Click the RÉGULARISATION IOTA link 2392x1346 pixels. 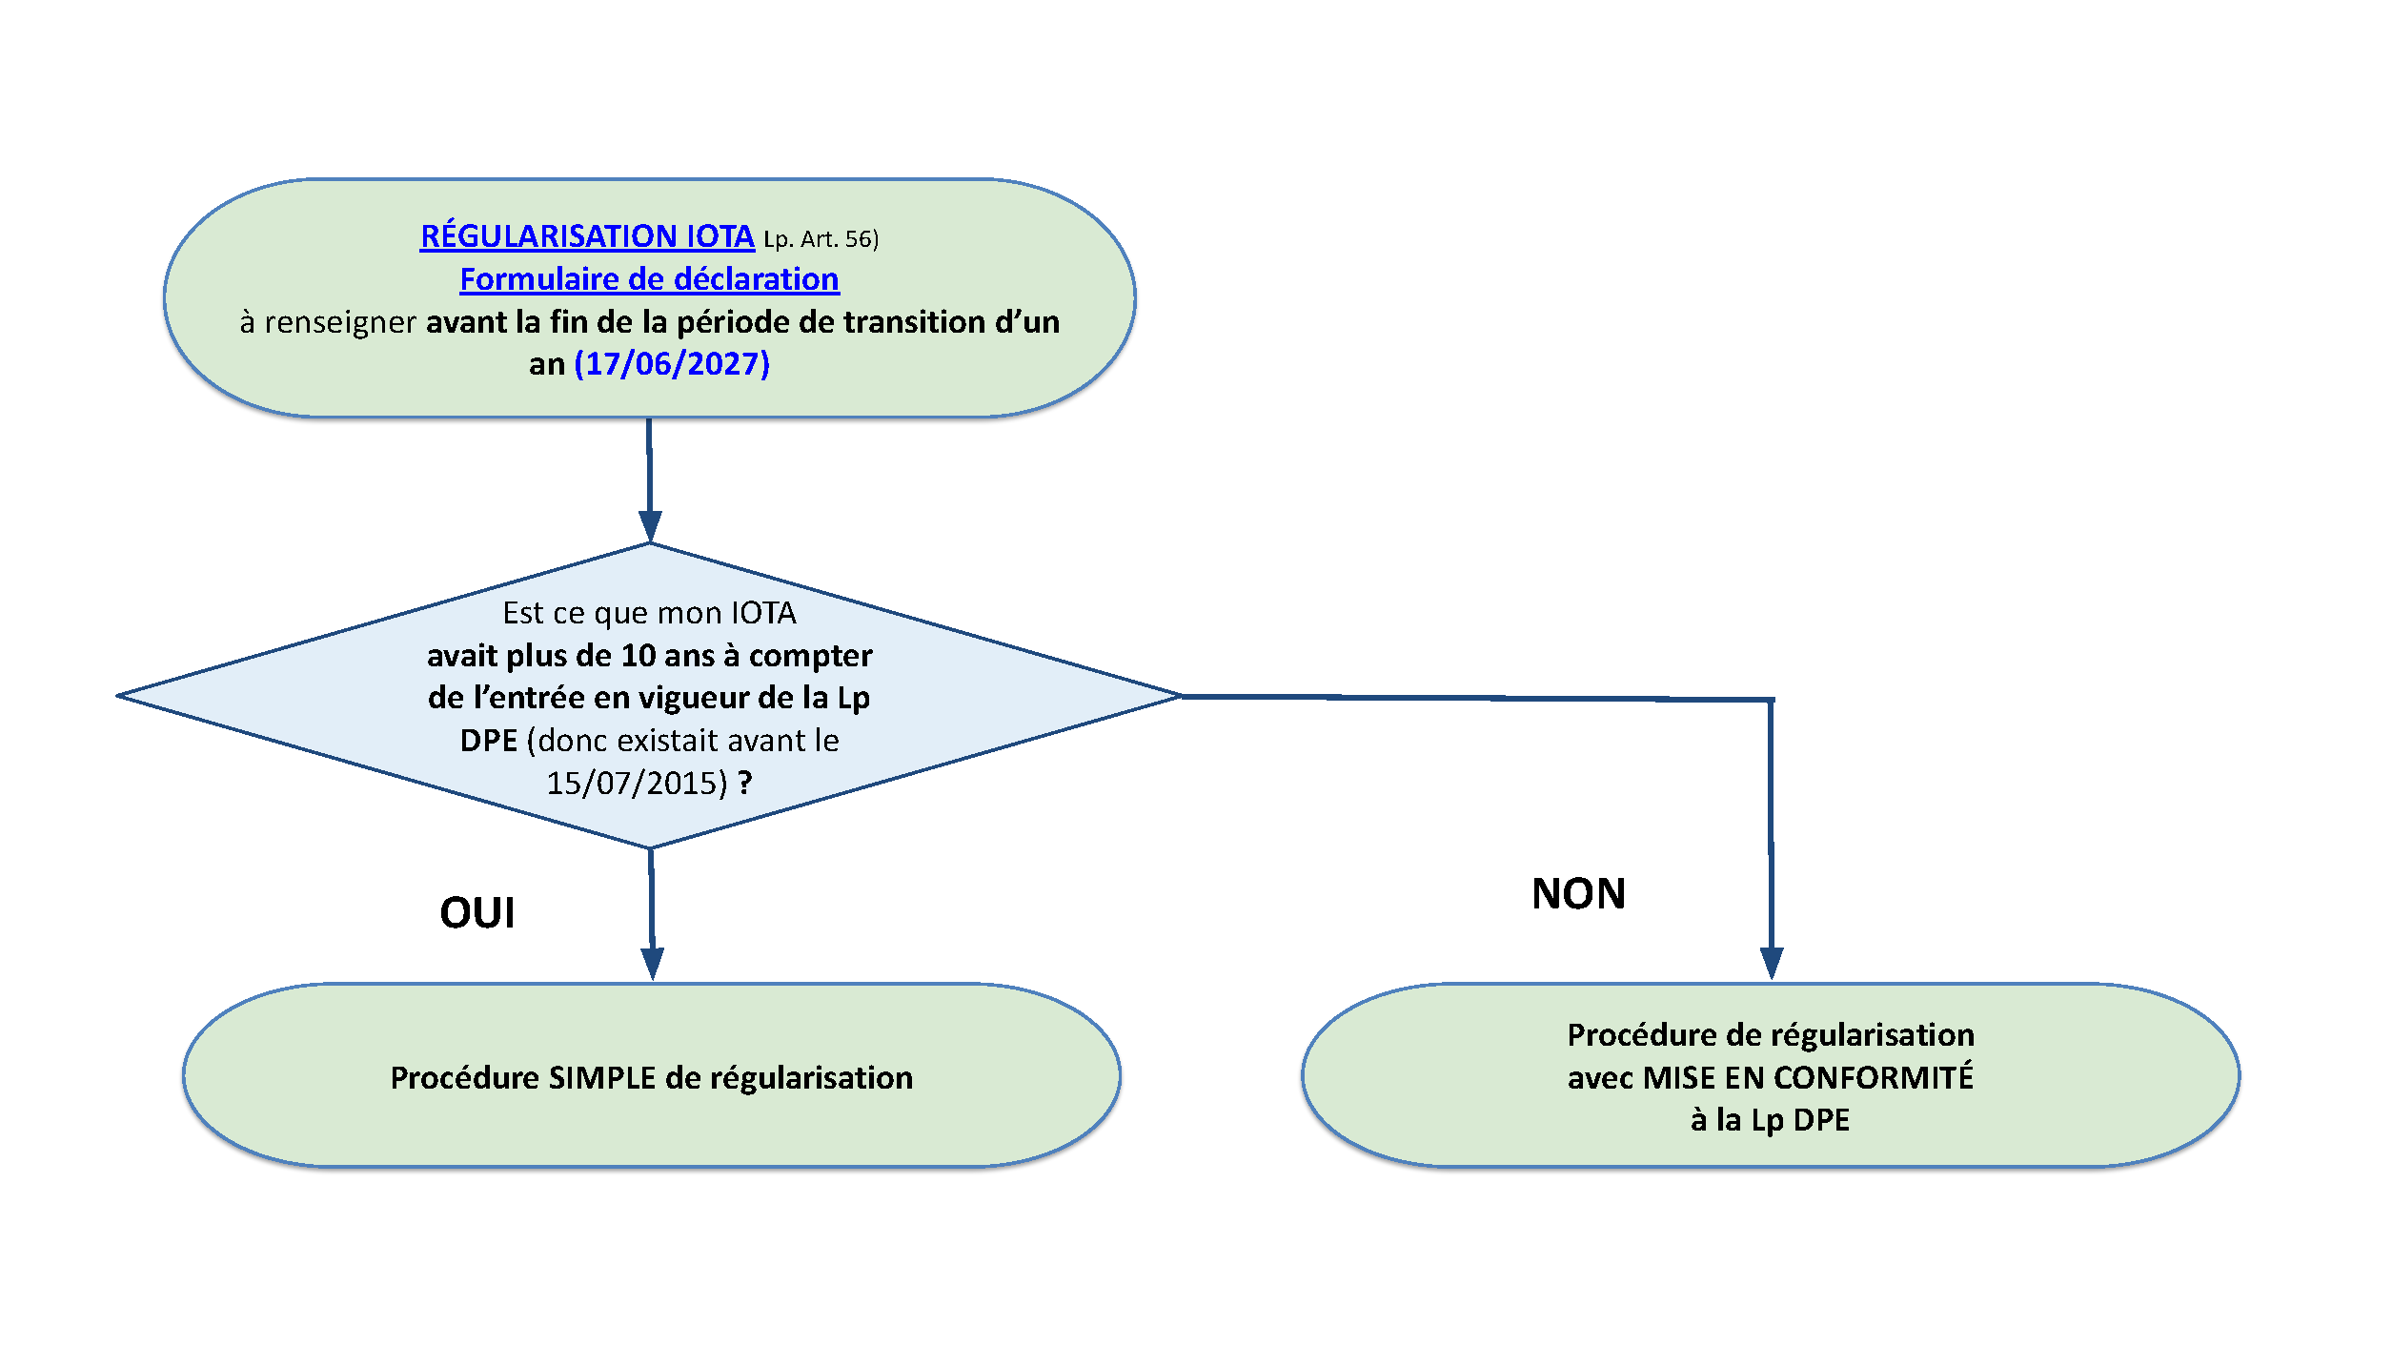[x=587, y=235]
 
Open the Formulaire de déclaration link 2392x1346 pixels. [x=649, y=279]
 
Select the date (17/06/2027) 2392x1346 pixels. [x=672, y=363]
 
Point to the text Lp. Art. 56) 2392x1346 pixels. [x=821, y=238]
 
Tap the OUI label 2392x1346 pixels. [x=477, y=912]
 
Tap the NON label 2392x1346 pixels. [x=1579, y=893]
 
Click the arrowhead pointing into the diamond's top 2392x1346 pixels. [x=650, y=526]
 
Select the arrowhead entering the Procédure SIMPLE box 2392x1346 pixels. [x=653, y=964]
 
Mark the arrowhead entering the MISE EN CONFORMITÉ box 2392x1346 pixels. [x=1772, y=963]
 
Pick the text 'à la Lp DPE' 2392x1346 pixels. [x=1771, y=1119]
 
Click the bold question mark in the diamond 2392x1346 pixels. [x=745, y=783]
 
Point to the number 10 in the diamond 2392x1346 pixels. [x=639, y=656]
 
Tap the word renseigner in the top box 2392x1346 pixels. [x=340, y=322]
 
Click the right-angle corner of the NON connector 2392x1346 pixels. [x=1772, y=700]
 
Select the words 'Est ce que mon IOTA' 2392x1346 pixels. [x=649, y=613]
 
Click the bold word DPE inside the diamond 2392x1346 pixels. [x=489, y=741]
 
